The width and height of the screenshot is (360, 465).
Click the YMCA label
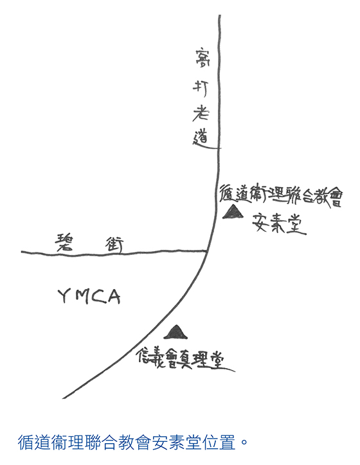(x=89, y=296)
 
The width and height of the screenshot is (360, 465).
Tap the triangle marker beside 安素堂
(x=233, y=213)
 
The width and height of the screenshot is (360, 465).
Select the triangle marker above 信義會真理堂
(x=176, y=332)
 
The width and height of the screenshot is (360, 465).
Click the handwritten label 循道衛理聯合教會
(x=280, y=195)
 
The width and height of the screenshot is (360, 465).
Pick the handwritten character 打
(x=201, y=89)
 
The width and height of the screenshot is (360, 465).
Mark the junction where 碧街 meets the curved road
(x=206, y=251)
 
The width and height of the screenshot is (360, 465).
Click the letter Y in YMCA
(x=63, y=296)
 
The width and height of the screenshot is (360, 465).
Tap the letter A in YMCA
(x=113, y=297)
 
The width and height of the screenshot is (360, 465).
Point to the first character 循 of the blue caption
(x=26, y=442)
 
